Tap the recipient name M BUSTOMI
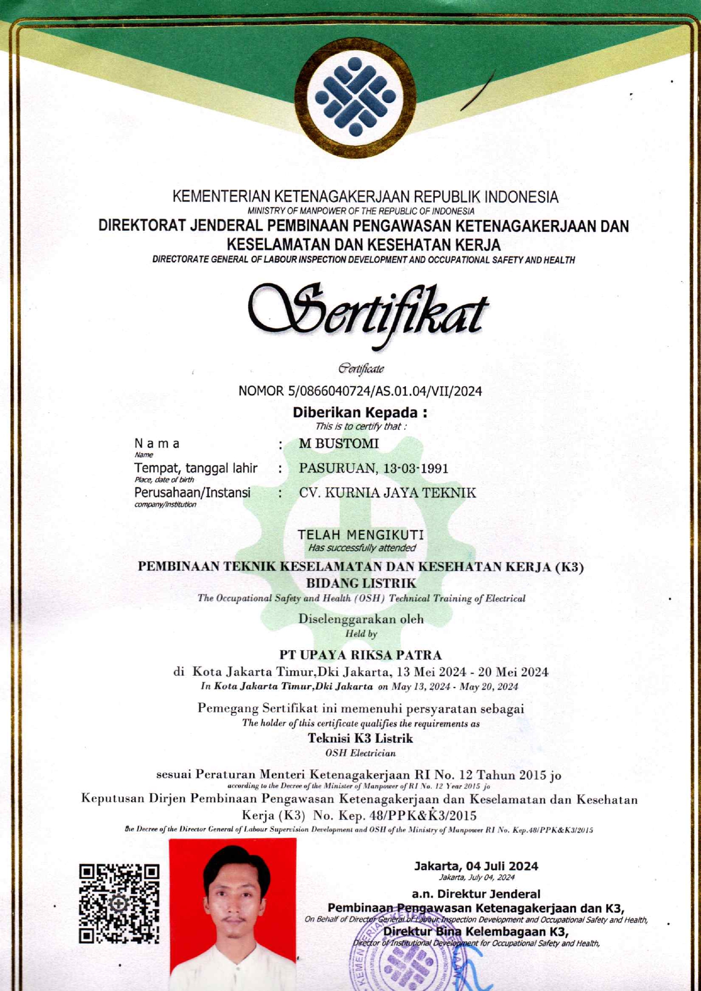tap(339, 444)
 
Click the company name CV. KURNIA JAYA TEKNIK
tap(387, 493)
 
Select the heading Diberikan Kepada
tap(360, 412)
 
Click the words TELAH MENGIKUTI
tap(361, 534)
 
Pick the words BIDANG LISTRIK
tap(361, 583)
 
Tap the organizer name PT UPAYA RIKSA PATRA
tap(361, 655)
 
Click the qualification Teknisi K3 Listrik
tap(361, 738)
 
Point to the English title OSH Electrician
tap(361, 753)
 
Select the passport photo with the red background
tap(232, 914)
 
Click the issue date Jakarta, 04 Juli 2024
tap(476, 866)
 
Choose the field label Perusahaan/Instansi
tap(192, 493)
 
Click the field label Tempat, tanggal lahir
tap(196, 468)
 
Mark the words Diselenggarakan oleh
tap(361, 618)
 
